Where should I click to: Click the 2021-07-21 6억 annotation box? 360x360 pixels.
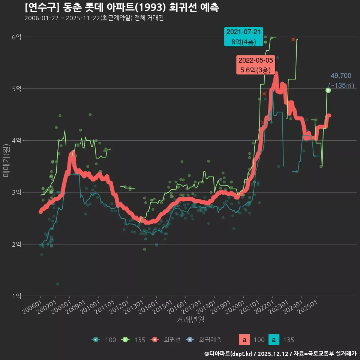tap(243, 37)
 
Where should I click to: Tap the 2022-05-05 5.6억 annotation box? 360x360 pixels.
tap(256, 64)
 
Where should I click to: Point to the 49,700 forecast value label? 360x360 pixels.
tap(341, 76)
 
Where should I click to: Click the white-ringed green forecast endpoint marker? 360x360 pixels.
tap(328, 90)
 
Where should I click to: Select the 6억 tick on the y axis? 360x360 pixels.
tap(16, 37)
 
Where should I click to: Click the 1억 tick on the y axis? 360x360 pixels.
tap(16, 296)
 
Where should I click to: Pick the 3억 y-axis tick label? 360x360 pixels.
tap(16, 192)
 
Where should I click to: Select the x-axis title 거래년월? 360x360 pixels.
tap(190, 320)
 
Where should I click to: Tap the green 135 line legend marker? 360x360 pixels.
tap(125, 340)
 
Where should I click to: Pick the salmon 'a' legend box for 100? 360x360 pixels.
tap(244, 340)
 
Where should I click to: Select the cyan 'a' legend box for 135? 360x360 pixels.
tap(274, 340)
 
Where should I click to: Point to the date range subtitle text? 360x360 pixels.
tap(94, 18)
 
